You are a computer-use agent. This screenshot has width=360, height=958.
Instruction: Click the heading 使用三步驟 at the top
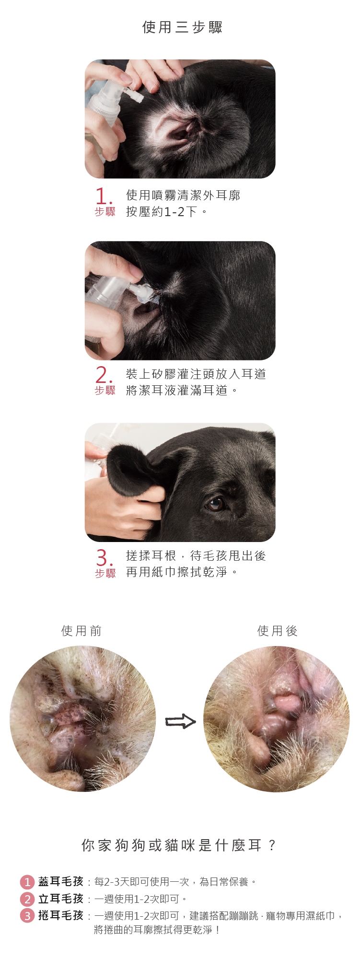click(183, 27)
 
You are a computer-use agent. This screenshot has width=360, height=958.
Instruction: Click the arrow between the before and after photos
click(180, 721)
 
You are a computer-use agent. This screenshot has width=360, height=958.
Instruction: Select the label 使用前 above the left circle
click(81, 631)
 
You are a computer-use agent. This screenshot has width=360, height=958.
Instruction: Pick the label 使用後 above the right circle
click(278, 631)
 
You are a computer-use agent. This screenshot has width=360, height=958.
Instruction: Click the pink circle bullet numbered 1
click(27, 882)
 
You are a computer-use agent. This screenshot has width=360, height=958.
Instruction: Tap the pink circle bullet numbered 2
click(27, 899)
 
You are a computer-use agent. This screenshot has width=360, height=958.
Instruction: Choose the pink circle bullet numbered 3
click(27, 915)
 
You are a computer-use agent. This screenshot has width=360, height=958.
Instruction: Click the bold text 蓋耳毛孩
click(61, 881)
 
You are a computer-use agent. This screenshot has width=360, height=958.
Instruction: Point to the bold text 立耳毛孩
click(61, 899)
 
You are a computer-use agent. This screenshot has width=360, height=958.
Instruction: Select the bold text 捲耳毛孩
click(61, 915)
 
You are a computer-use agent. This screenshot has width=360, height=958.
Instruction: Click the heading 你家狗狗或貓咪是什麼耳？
click(179, 845)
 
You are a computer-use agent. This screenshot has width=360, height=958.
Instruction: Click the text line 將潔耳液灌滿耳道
click(182, 390)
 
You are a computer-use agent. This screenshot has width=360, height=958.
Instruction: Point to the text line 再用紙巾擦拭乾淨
click(182, 572)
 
